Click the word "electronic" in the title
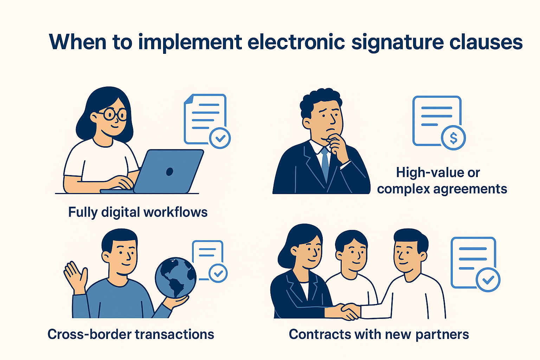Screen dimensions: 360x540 point(296,42)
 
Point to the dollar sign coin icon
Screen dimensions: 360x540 point(454,138)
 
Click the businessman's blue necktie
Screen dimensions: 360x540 point(325,164)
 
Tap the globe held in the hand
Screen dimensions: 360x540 point(176,277)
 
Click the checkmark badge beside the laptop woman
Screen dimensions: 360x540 point(220,138)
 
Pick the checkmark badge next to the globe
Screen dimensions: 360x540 point(218,273)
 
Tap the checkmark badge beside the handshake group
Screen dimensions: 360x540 point(488,280)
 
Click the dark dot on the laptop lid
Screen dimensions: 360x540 point(169,172)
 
